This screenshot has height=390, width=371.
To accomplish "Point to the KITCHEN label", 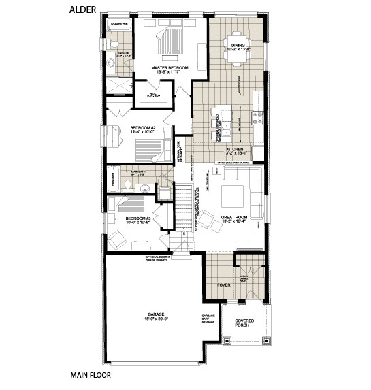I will (x=235, y=150).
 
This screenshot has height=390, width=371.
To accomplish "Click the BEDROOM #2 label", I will (x=143, y=129).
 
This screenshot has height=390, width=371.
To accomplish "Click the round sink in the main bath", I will (x=144, y=186).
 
